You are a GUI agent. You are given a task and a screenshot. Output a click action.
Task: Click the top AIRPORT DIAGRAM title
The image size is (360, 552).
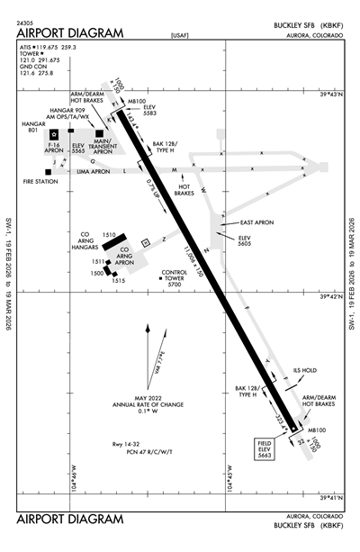pos(69,33)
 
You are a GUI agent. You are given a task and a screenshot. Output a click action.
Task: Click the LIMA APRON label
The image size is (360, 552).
pos(93,170)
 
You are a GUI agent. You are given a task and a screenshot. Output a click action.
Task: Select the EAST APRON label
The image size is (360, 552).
pos(256,222)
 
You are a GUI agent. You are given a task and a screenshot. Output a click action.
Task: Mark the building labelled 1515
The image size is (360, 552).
pos(118,280)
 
